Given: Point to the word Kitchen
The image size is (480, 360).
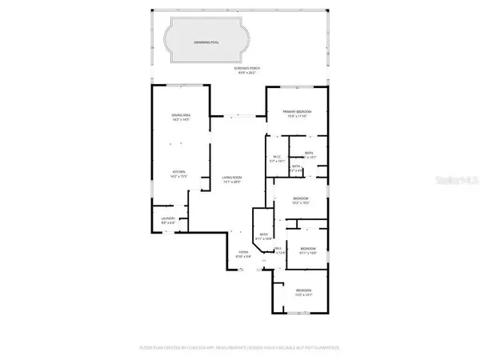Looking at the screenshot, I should tap(180, 172).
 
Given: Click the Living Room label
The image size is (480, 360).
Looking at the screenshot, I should tap(232, 177).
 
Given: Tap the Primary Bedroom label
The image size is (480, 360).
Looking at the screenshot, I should tap(296, 111).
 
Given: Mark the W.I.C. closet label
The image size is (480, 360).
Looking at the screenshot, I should tap(276, 156).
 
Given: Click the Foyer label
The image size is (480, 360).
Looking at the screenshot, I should tap(242, 252).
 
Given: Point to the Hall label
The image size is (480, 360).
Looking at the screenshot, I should tap(277, 249).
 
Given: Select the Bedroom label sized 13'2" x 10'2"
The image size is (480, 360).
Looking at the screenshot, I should tap(300, 198).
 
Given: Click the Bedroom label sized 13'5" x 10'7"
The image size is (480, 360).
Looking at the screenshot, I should tap(303, 290).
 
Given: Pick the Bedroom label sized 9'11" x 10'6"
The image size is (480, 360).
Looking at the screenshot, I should tap(308, 249).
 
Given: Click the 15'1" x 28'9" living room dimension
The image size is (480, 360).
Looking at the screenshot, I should tap(232, 182).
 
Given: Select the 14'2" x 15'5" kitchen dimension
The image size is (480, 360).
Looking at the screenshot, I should tap(180, 177).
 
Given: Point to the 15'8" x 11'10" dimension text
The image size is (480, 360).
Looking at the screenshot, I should tap(296, 116).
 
